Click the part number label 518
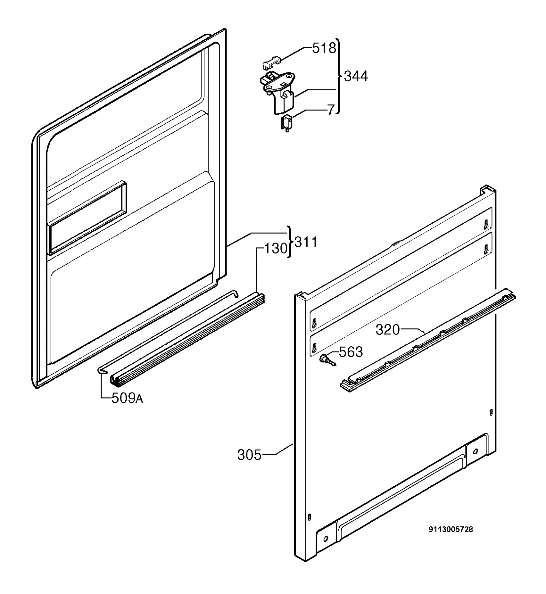tap(324, 48)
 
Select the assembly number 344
tap(356, 76)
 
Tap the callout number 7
tap(331, 110)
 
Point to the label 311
tap(306, 242)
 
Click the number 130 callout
tap(276, 248)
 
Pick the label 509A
tap(127, 399)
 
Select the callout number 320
tap(388, 330)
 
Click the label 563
tap(351, 352)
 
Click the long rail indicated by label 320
tap(427, 341)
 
